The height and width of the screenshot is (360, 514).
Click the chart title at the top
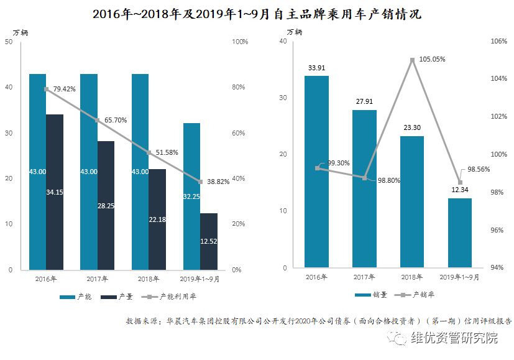(x=257, y=14)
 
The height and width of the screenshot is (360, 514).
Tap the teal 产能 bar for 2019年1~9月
(x=191, y=196)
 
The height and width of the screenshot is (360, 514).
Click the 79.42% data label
(x=64, y=89)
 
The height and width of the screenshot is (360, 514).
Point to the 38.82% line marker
(x=201, y=182)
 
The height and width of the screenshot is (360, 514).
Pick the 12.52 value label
(x=209, y=241)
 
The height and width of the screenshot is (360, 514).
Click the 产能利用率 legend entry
(x=171, y=297)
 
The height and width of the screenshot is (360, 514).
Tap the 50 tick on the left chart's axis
(x=9, y=42)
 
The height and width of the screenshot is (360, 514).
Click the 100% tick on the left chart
(x=239, y=42)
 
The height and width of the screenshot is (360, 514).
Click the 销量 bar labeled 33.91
(x=316, y=172)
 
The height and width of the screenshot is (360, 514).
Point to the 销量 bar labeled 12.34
(x=460, y=233)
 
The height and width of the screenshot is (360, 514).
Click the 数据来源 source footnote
(x=319, y=321)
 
